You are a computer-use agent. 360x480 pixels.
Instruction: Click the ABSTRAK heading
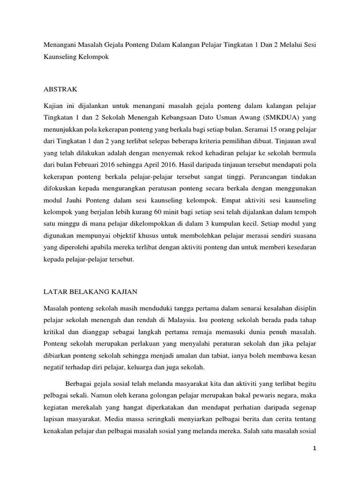(x=60, y=88)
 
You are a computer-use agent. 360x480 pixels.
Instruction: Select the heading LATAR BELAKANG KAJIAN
(x=90, y=292)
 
